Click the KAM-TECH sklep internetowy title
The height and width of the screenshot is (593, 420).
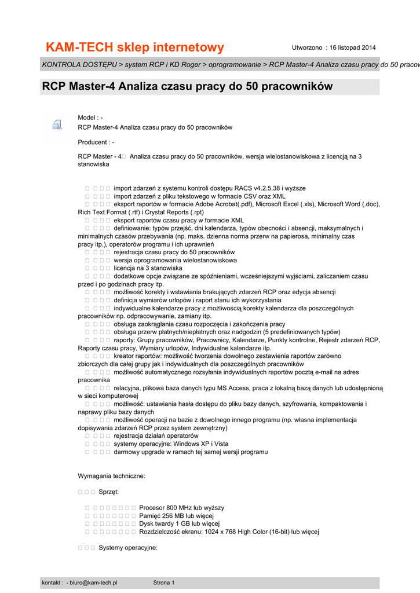point(134,47)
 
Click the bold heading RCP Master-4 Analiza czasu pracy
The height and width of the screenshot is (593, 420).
point(187,87)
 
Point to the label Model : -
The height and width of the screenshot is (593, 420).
point(90,118)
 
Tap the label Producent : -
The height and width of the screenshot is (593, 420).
point(96,142)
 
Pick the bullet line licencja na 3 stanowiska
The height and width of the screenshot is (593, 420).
point(148,268)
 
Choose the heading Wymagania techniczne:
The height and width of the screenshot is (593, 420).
point(111,476)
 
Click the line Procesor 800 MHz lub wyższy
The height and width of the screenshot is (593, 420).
point(181,508)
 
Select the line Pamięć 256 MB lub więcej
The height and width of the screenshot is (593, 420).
point(177,515)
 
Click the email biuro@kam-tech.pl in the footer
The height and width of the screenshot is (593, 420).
point(93,582)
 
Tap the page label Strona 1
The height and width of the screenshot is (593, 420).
point(164,582)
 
